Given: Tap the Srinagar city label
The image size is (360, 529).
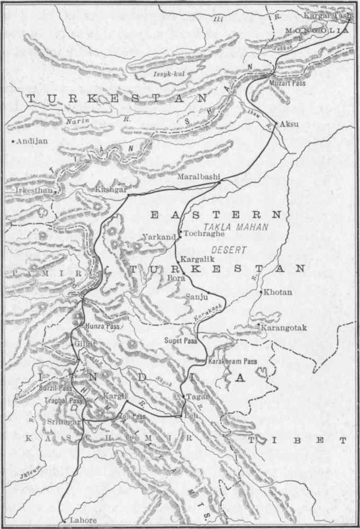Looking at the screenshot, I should [x=64, y=422].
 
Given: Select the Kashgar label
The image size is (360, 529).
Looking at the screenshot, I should [x=111, y=189].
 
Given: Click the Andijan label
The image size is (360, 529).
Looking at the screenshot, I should [x=32, y=141].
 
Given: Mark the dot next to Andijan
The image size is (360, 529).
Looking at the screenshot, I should [x=13, y=141].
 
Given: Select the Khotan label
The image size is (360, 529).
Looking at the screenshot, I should [x=278, y=292].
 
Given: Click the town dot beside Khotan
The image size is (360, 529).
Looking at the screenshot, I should [x=262, y=291].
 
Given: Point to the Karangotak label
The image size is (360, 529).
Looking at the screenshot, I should [x=284, y=328].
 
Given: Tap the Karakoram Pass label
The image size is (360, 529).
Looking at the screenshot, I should [x=233, y=361].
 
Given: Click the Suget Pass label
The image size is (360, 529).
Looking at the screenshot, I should [x=181, y=341].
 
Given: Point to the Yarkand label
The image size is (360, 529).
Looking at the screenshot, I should [x=159, y=237].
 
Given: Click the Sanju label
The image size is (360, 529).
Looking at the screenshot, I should [x=195, y=297].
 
